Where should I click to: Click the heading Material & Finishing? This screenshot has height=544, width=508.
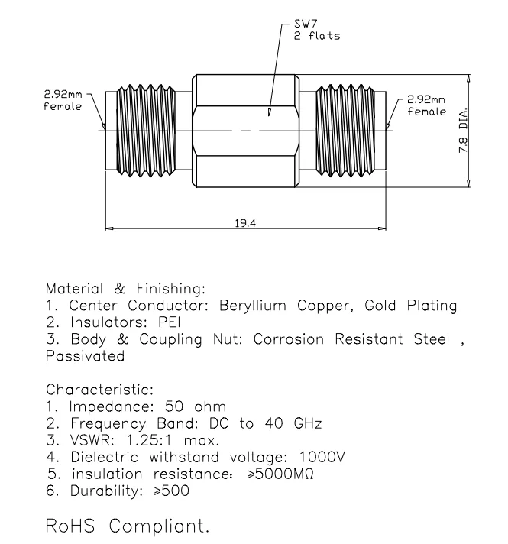coord(126,289)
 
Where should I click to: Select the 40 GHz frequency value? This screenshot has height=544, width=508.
coord(302,423)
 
